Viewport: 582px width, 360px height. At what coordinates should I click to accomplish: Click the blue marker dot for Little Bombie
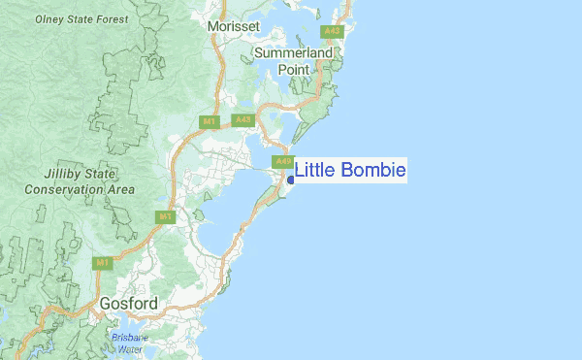tap(290, 180)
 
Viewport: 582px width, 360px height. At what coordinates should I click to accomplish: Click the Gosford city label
tap(128, 305)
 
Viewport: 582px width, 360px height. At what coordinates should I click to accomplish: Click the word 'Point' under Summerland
tap(294, 70)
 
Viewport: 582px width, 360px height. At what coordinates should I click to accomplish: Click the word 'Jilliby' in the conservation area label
tap(67, 175)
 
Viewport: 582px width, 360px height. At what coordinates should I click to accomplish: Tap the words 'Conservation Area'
tap(81, 190)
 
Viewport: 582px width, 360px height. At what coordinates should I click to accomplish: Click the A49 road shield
tap(282, 161)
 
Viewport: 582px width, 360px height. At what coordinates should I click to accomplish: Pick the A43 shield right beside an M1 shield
tap(242, 120)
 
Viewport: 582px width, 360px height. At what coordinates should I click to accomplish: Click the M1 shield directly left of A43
tap(209, 121)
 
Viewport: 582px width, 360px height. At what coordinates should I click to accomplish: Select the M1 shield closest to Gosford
tap(103, 262)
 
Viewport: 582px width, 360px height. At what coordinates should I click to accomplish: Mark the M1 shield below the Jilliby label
tap(166, 216)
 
